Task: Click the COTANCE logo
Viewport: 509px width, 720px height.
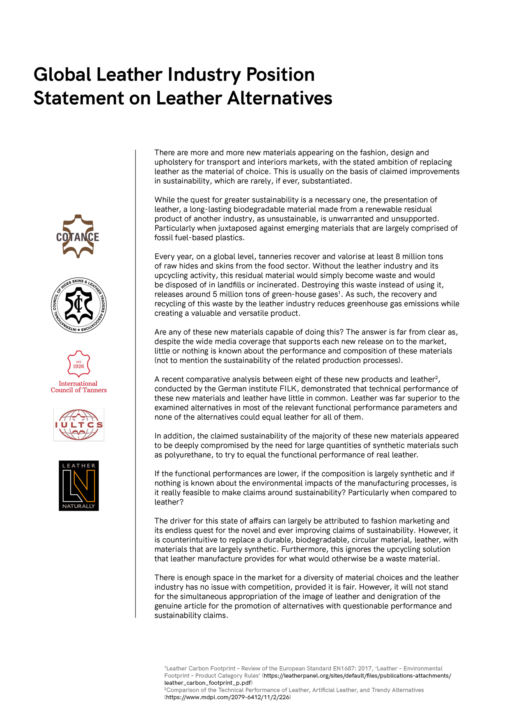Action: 78,236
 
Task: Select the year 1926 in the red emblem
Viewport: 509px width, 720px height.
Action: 78,366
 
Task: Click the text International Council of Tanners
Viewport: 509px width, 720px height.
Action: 78,387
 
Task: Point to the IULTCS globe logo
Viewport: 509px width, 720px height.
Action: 79,424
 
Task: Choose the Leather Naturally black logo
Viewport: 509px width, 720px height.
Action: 79,486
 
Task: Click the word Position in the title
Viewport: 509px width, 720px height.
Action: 280,75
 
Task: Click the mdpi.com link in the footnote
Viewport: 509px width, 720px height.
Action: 228,697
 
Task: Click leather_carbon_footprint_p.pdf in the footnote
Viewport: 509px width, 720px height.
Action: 208,683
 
